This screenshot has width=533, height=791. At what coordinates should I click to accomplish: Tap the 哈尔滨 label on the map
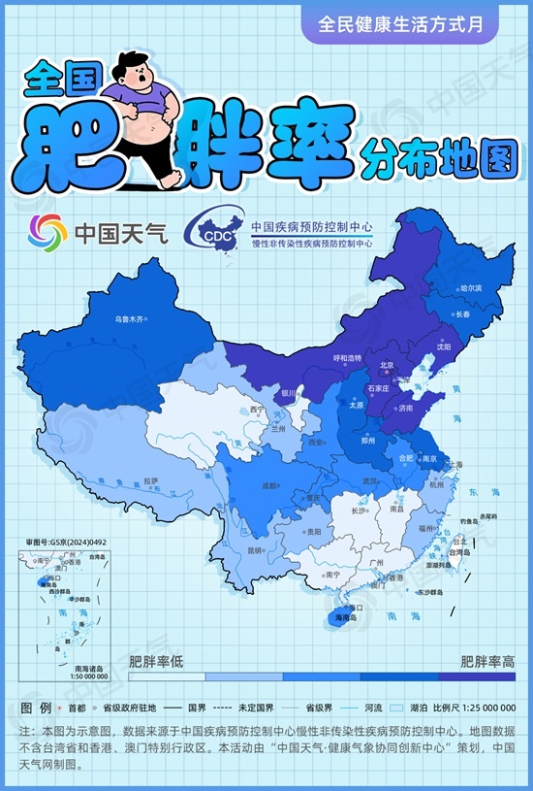point(471,288)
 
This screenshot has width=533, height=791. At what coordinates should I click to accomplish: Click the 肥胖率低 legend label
point(157,663)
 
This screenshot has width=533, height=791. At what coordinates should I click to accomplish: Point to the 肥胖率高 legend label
point(487,663)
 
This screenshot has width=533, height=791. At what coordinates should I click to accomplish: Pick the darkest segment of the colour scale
point(475,676)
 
